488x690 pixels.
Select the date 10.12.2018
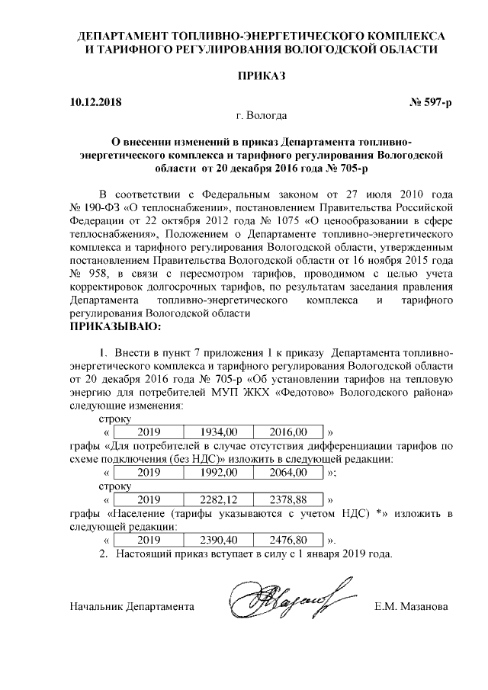[95, 101]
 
